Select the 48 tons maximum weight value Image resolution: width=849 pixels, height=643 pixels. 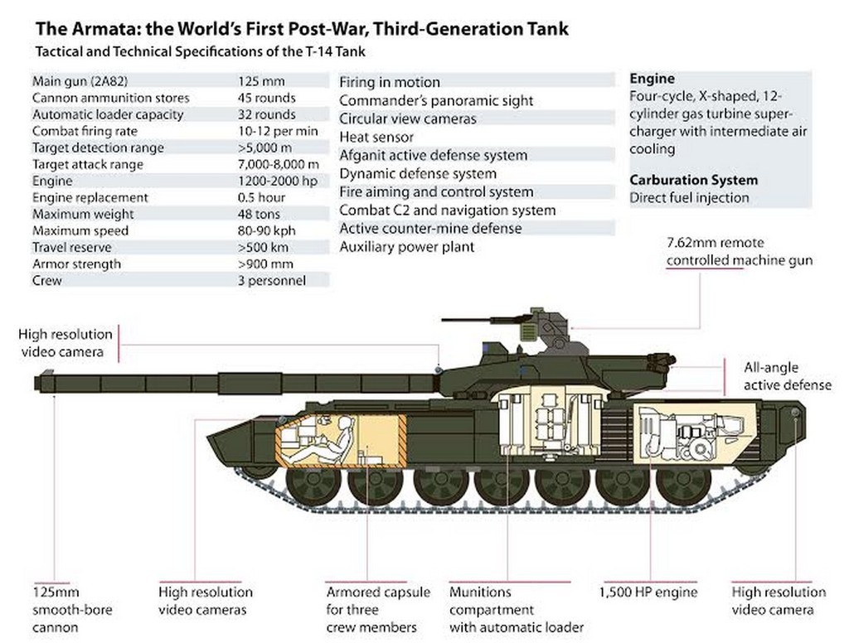click(257, 214)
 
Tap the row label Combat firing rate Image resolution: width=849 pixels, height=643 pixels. click(85, 131)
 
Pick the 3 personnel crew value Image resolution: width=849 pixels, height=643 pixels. click(271, 280)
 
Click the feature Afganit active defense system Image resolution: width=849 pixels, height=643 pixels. click(433, 155)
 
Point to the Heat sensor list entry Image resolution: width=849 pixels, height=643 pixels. click(376, 137)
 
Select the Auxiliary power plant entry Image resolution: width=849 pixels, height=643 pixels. click(407, 246)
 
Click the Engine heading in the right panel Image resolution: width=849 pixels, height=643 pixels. click(652, 79)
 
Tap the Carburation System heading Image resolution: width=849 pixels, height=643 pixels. click(693, 180)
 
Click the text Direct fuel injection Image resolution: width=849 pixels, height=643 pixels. click(689, 197)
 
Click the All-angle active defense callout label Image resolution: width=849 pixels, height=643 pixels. click(787, 375)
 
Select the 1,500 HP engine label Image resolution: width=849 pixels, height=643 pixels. click(648, 592)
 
